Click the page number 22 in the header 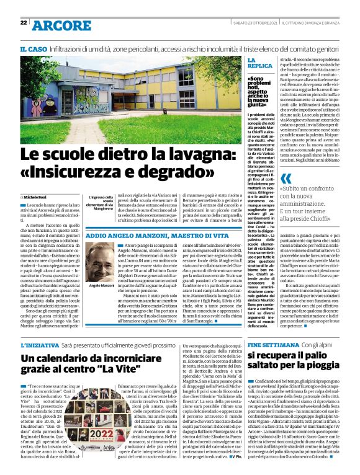tap(23, 23)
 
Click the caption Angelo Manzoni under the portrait tap(99, 285)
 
